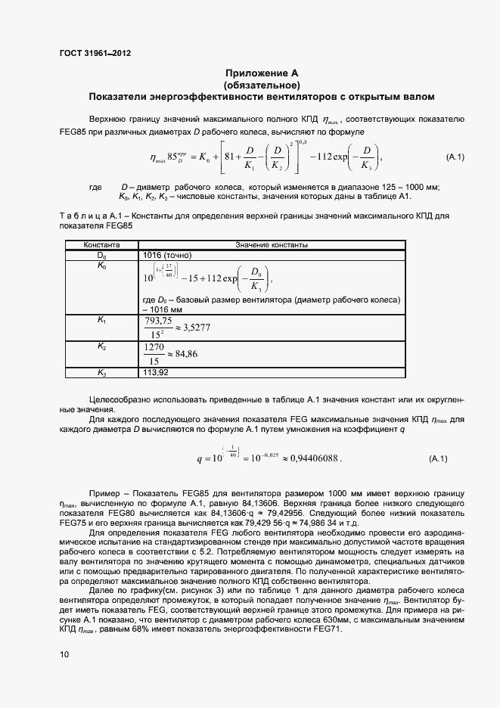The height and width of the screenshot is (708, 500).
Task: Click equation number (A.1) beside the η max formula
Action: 454,157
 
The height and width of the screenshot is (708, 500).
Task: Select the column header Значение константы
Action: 272,246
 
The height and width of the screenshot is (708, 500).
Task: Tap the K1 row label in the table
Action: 101,321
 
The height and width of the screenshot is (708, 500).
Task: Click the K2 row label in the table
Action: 101,346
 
